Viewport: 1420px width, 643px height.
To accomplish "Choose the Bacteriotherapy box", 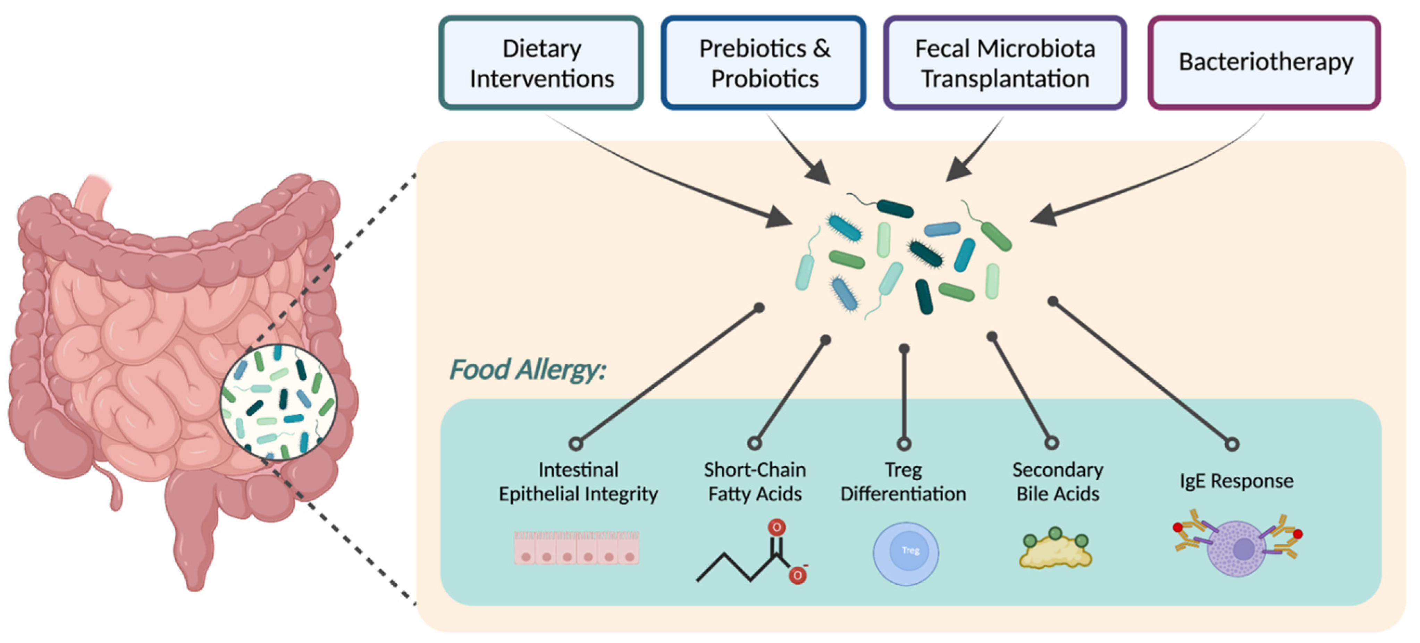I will coord(1264,62).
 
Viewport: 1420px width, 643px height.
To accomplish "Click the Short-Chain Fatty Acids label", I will coord(755,482).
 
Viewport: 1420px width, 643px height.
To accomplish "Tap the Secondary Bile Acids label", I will coord(1057,482).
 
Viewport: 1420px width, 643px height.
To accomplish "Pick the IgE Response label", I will coord(1236,481).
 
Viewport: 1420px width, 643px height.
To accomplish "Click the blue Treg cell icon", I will coord(906,553).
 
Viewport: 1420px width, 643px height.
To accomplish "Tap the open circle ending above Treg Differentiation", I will coord(904,443).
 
